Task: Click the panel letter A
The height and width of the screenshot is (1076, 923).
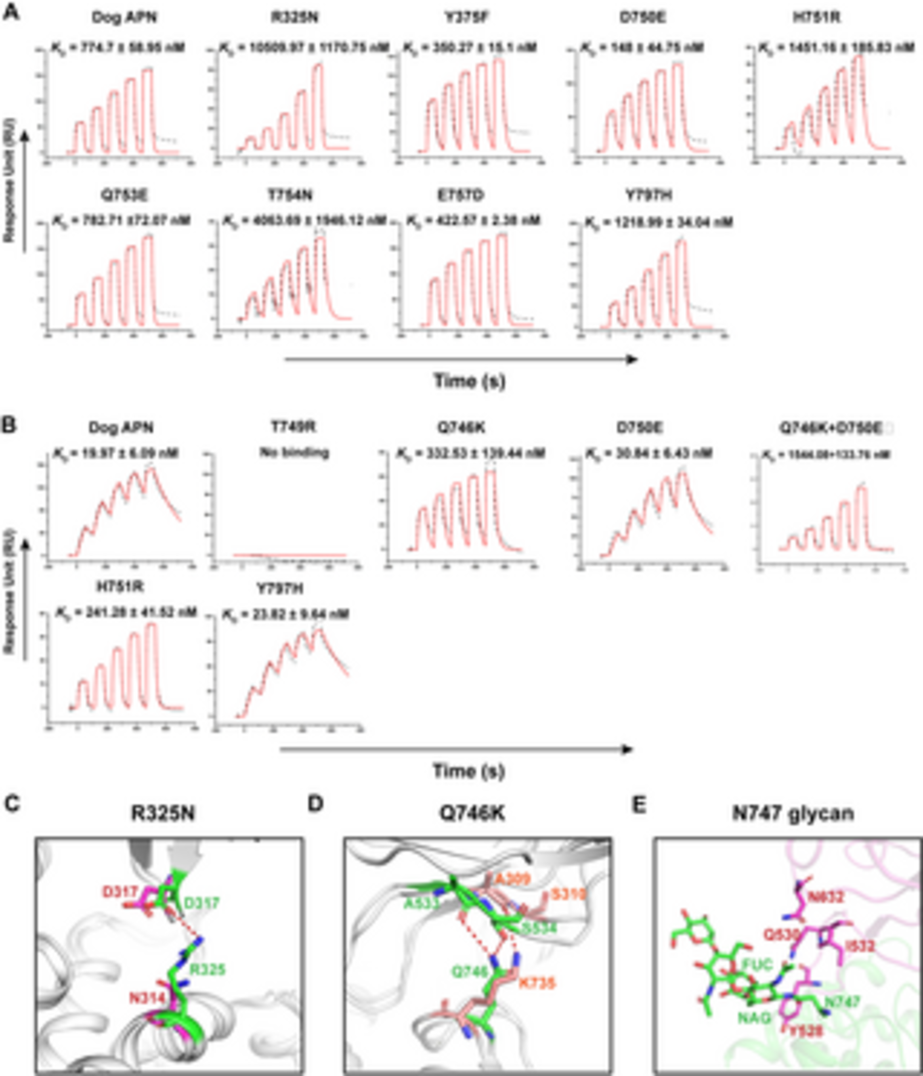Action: (x=11, y=11)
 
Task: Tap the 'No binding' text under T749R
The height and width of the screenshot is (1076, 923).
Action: (x=294, y=452)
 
